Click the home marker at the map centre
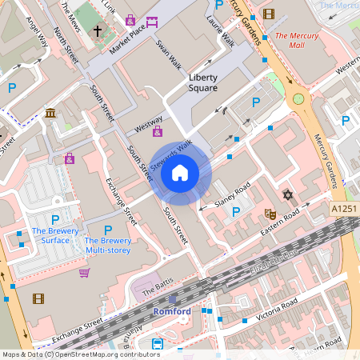tap(180, 173)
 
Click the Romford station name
tap(172, 310)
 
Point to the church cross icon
tap(98, 31)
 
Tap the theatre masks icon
tap(270, 214)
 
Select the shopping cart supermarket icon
tap(84, 273)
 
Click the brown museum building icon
tap(50, 114)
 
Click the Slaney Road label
tap(232, 196)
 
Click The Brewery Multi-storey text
tap(108, 245)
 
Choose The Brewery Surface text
tap(50, 236)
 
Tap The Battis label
tap(157, 294)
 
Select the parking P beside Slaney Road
tap(236, 211)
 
